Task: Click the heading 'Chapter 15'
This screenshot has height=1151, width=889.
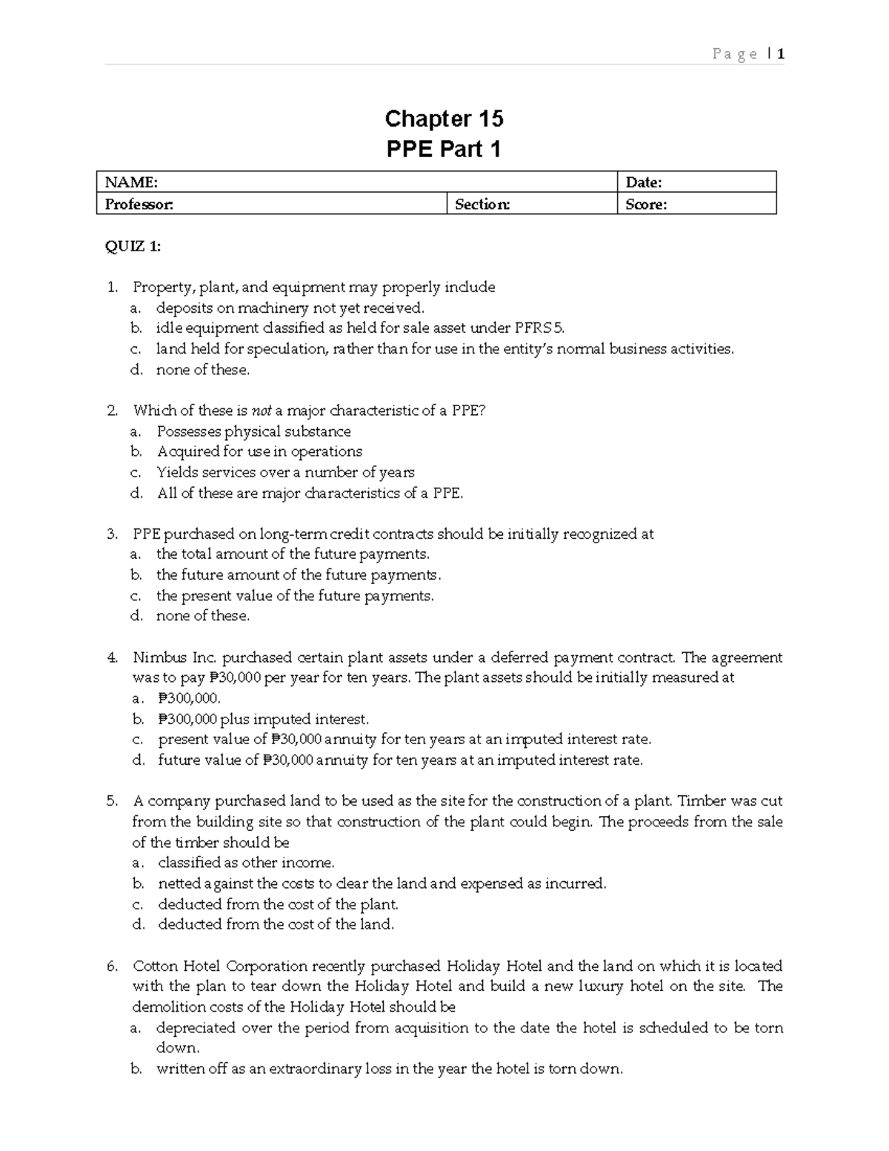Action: [444, 119]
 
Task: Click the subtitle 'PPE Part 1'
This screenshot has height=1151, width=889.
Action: [444, 150]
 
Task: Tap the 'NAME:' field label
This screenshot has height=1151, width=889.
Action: [131, 182]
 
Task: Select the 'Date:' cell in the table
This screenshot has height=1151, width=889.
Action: [644, 182]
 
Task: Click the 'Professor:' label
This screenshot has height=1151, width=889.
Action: [139, 205]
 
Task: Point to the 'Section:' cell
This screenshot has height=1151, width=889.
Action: [482, 205]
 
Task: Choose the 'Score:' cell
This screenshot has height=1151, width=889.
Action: [646, 205]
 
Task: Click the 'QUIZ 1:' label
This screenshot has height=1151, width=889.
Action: [133, 247]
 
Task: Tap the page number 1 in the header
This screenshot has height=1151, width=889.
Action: [781, 53]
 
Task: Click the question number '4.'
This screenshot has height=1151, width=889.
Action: [113, 657]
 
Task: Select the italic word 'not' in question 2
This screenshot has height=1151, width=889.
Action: [262, 411]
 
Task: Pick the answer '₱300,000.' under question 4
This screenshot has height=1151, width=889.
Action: [190, 698]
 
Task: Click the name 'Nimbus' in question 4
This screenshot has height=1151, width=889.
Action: [156, 657]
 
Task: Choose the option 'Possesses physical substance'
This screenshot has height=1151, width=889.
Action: [253, 431]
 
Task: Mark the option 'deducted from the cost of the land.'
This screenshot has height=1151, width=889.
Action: [276, 924]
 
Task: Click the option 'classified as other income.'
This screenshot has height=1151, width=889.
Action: [246, 863]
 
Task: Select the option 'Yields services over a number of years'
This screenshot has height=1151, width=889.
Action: [285, 472]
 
